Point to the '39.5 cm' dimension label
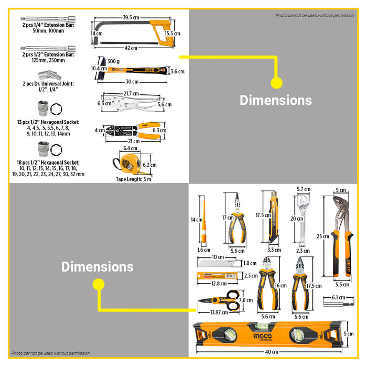(x=134, y=17)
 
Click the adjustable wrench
(x=303, y=220)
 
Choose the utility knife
(x=274, y=218)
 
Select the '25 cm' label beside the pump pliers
(x=323, y=236)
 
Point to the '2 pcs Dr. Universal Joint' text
(x=48, y=84)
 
